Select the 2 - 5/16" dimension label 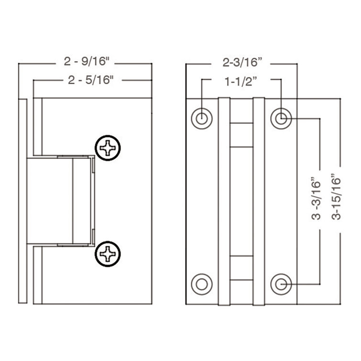(90, 80)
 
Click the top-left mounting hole (202, 118)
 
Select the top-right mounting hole (281, 118)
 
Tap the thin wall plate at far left (22, 201)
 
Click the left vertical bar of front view (224, 201)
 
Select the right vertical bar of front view (259, 201)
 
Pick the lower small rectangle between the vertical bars (241, 267)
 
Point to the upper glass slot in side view (38, 127)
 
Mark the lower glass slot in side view (38, 275)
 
